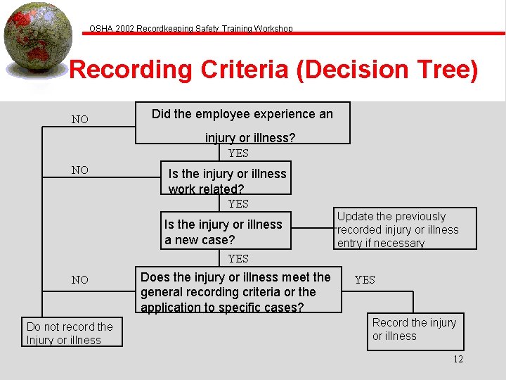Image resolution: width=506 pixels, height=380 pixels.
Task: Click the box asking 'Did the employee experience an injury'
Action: (x=242, y=124)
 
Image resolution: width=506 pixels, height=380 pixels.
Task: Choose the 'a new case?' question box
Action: (x=226, y=231)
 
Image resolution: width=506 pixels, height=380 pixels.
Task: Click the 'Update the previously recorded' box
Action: (x=406, y=229)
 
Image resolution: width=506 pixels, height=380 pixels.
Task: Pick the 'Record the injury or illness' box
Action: (x=415, y=330)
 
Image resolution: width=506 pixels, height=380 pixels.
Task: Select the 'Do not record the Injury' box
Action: (x=72, y=333)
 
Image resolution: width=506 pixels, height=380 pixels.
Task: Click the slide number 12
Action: (x=458, y=359)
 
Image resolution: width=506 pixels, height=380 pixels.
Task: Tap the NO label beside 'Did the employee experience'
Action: (x=80, y=120)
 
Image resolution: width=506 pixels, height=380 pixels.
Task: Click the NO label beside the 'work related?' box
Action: (x=80, y=170)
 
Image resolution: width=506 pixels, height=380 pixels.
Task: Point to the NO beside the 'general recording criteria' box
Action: (x=80, y=280)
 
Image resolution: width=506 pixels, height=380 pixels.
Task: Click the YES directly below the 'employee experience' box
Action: (x=238, y=153)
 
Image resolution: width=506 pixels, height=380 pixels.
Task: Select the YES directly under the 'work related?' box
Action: (x=238, y=204)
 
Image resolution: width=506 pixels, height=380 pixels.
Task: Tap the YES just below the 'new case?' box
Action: (x=238, y=259)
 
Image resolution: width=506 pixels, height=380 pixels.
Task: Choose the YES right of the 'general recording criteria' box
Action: (x=365, y=280)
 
